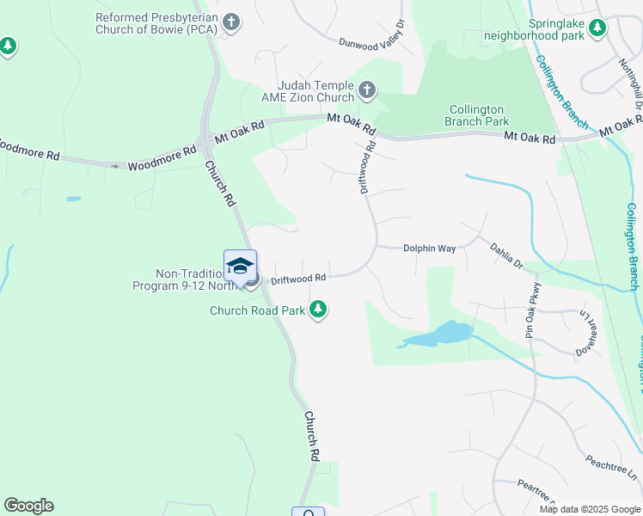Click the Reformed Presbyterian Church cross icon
[x=230, y=23]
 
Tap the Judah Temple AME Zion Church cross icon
[x=367, y=89]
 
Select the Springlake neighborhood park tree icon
[x=597, y=29]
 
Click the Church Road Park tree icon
[x=318, y=310]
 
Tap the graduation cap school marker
[x=241, y=265]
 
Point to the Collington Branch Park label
[x=477, y=115]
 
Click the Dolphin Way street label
[x=429, y=248]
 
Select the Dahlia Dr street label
[x=506, y=255]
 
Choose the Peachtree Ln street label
[x=612, y=469]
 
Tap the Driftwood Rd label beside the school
[x=298, y=279]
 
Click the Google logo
[x=28, y=506]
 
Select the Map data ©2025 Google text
[x=590, y=509]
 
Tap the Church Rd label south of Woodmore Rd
[x=219, y=183]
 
